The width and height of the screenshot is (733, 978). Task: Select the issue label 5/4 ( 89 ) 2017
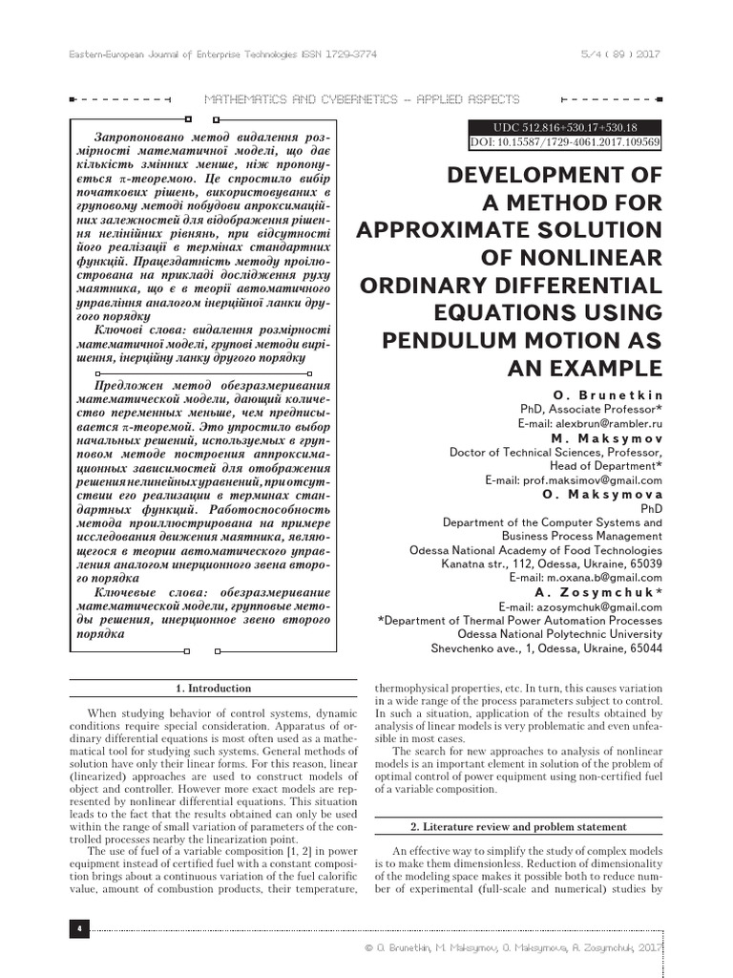point(619,54)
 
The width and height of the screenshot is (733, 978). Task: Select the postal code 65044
point(643,648)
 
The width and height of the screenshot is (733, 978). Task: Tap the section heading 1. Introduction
point(214,688)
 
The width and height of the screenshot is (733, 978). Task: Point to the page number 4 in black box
point(77,927)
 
